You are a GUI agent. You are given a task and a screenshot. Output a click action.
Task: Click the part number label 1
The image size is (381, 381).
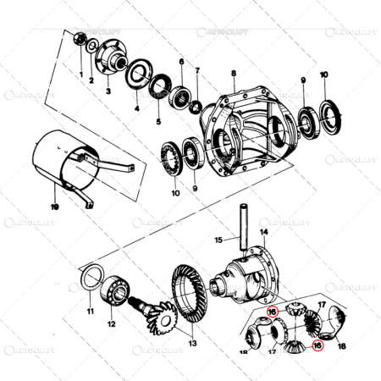[x=81, y=75]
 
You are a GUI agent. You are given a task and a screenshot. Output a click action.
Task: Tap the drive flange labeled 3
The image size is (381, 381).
[x=111, y=59]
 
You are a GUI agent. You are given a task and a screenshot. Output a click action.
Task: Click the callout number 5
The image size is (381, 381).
[x=157, y=121]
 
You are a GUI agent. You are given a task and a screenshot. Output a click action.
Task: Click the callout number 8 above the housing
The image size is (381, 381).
[x=233, y=75]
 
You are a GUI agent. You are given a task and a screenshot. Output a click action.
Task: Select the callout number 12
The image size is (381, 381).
[x=111, y=323]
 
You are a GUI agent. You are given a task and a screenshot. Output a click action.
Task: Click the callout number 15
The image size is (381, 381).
[x=217, y=240]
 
